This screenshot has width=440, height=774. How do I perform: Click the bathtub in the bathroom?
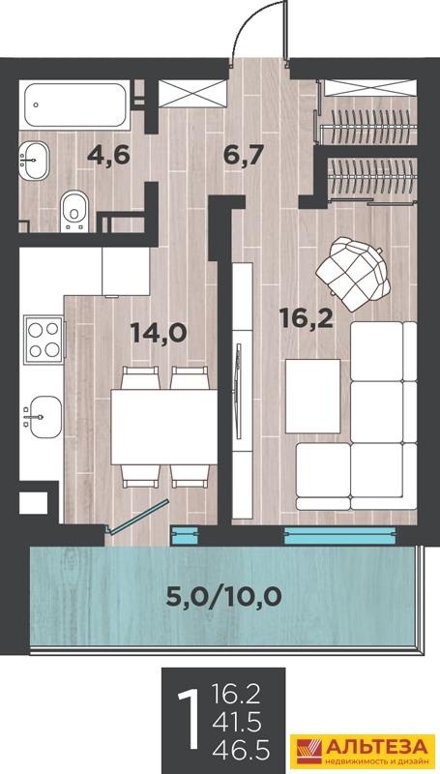(x=75, y=105)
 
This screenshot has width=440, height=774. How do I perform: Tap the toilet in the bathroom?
(x=74, y=211)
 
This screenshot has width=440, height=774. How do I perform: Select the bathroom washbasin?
(x=34, y=160)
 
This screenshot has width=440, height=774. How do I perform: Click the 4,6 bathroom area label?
(x=108, y=155)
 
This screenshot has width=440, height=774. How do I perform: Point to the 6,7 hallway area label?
(x=242, y=156)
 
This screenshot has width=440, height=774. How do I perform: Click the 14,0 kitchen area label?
(x=159, y=333)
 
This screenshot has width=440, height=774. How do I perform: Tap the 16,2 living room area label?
(x=307, y=318)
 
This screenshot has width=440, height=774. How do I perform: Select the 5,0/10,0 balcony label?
(x=223, y=597)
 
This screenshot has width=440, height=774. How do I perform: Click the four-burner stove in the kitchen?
(x=44, y=341)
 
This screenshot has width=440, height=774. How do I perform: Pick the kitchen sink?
(x=43, y=418)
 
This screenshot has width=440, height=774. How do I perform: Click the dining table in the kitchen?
(x=164, y=427)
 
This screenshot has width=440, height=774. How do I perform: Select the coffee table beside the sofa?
(x=312, y=396)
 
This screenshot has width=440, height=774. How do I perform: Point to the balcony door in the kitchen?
(x=138, y=517)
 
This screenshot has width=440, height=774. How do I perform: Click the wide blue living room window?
(x=340, y=536)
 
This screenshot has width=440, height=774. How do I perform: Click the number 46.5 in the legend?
(x=241, y=752)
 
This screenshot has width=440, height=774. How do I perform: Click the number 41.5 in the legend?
(x=238, y=723)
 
